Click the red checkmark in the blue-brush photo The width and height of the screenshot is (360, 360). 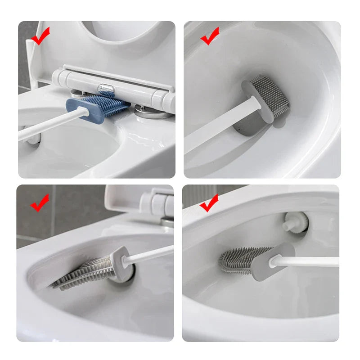pyautogui.click(x=40, y=37)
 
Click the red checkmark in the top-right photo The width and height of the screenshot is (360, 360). pyautogui.click(x=209, y=36)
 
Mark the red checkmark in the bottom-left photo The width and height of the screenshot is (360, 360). pyautogui.click(x=40, y=203)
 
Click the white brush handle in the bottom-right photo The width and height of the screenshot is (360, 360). pyautogui.click(x=310, y=261)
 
